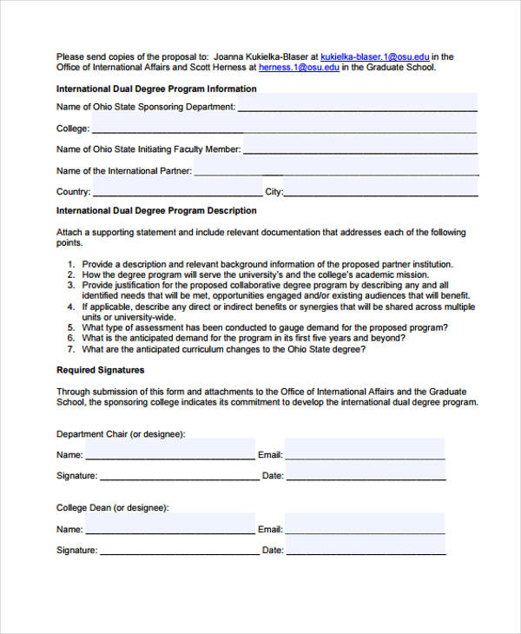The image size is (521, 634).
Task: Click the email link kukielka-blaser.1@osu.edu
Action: [375, 57]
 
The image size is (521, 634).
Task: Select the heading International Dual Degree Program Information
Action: [156, 89]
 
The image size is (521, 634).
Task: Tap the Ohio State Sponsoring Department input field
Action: [357, 105]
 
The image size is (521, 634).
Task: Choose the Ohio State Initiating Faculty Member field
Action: [360, 149]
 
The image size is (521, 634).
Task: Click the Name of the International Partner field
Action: [336, 170]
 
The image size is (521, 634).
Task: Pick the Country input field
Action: [177, 191]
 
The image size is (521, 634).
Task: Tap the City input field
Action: [381, 191]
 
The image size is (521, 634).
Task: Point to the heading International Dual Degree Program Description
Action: [156, 210]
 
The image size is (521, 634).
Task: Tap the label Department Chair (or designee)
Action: [121, 433]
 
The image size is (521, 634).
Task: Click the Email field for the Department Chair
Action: [365, 452]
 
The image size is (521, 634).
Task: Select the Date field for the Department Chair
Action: [366, 474]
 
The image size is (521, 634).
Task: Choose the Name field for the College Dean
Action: [170, 528]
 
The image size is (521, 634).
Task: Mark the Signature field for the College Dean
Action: [179, 549]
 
